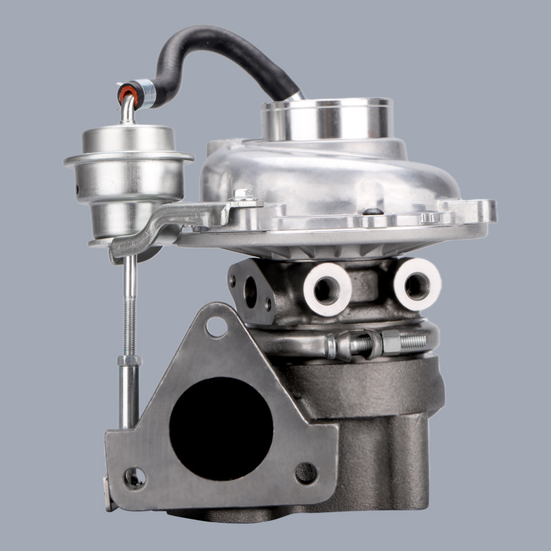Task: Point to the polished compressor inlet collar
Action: tap(327, 118)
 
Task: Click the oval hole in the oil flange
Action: tap(251, 293)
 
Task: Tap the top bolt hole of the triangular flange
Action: tap(217, 327)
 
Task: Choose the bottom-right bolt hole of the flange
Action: tap(306, 473)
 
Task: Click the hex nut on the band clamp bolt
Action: tap(391, 343)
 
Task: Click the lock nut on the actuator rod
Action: tap(129, 360)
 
